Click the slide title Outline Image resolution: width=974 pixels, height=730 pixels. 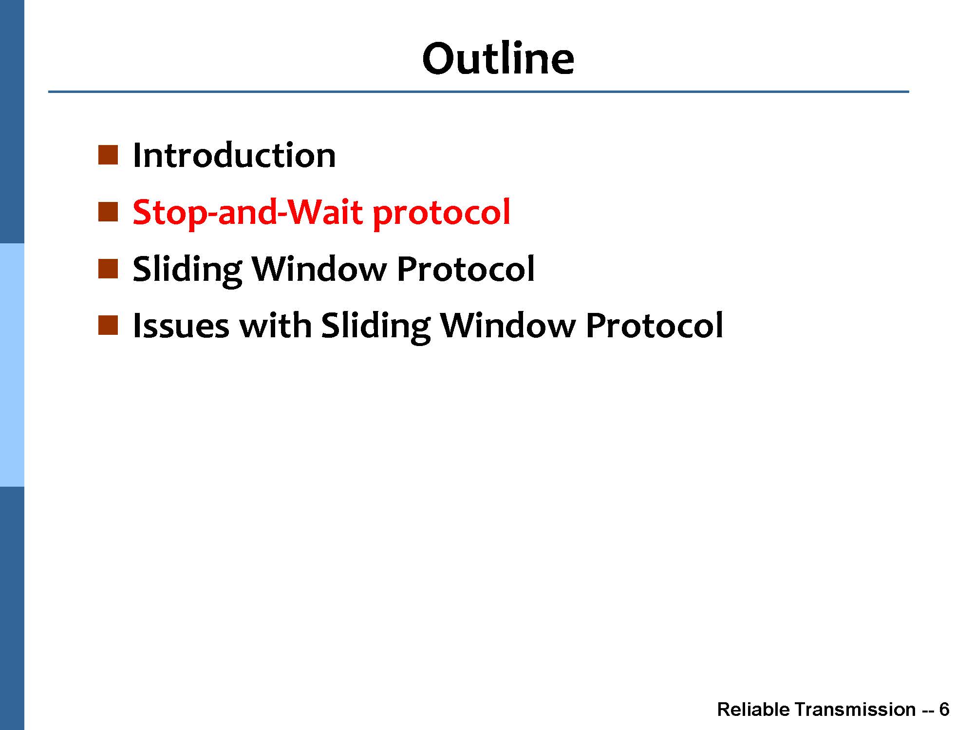(x=498, y=58)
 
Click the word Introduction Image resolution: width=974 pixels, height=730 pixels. (x=234, y=155)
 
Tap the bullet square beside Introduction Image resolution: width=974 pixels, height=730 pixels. (x=108, y=155)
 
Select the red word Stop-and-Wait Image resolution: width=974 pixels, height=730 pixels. (x=248, y=213)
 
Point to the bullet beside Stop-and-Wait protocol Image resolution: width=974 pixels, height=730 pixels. (x=108, y=212)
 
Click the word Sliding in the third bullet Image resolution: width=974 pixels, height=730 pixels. (x=188, y=270)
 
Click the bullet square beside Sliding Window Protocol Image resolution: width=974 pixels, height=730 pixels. (x=108, y=269)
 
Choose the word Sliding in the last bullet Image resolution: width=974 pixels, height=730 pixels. (x=376, y=326)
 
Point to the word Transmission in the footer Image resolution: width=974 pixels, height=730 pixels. (x=855, y=710)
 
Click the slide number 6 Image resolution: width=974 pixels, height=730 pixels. (x=944, y=710)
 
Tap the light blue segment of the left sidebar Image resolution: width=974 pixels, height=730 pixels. (x=12, y=365)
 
